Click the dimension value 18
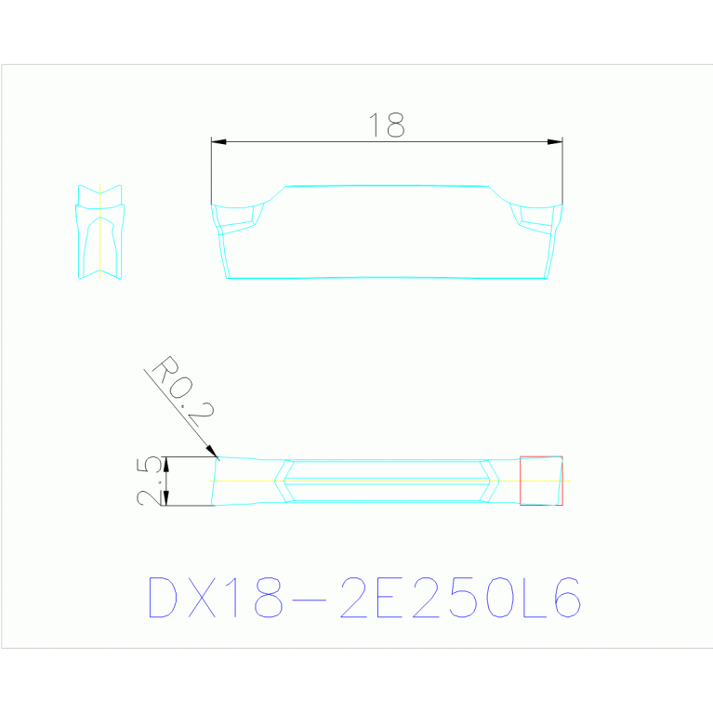[x=387, y=125]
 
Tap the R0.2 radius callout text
[x=183, y=391]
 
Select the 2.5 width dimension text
[x=149, y=482]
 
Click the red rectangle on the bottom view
[x=541, y=456]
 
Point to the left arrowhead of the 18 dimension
[x=218, y=142]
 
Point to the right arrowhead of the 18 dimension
[x=555, y=142]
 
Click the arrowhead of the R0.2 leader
[x=212, y=451]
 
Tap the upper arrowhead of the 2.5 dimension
[x=166, y=464]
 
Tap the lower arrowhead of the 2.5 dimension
[x=166, y=498]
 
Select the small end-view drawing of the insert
[x=100, y=231]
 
